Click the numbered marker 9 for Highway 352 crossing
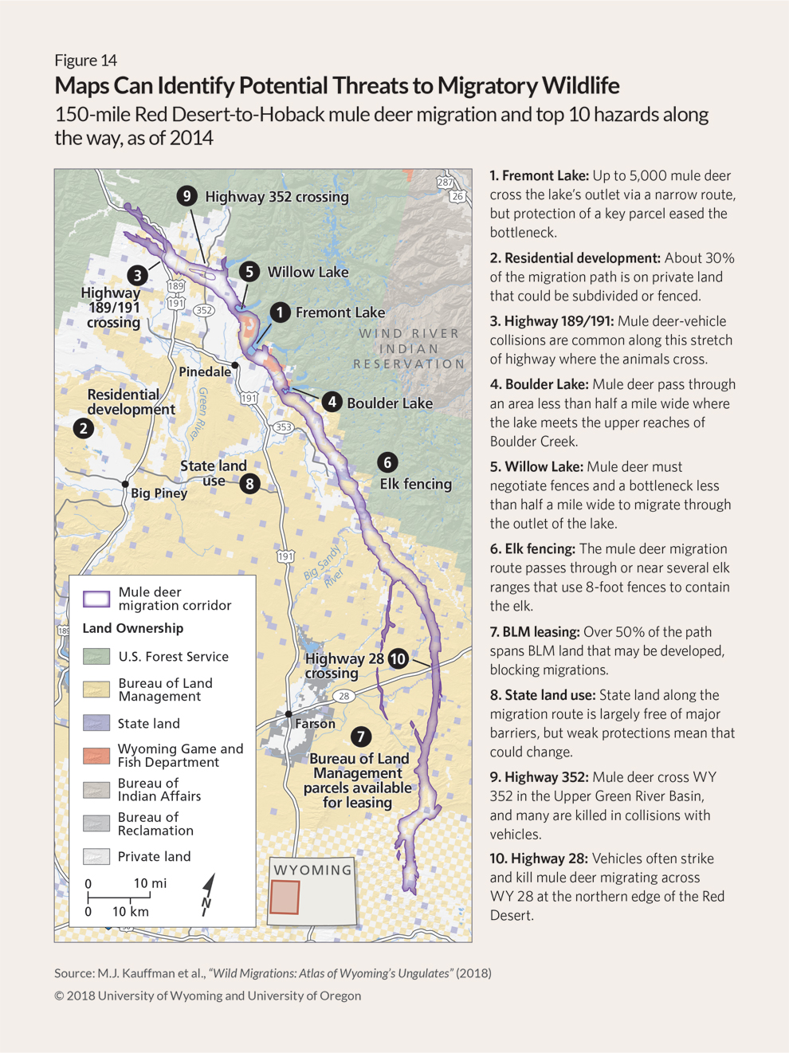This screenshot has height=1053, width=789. (186, 195)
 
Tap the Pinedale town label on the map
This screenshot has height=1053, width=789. (205, 371)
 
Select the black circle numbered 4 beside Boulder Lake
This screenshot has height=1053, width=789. (332, 402)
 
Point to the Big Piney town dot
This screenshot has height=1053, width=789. (125, 484)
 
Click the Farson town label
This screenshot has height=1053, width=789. (315, 724)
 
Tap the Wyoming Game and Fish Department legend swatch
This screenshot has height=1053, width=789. (96, 755)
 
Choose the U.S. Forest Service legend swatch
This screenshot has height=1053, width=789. (96, 656)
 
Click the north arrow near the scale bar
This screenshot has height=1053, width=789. (208, 894)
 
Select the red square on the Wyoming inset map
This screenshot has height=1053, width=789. (285, 897)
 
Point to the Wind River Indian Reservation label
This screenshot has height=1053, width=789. (410, 348)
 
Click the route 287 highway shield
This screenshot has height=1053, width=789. (444, 183)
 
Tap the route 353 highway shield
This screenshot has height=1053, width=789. (283, 427)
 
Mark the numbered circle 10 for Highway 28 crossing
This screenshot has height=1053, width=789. (398, 658)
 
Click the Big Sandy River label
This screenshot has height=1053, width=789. (324, 567)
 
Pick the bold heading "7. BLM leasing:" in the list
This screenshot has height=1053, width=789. (534, 632)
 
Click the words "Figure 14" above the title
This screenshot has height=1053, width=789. (85, 61)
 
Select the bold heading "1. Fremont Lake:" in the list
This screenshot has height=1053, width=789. (539, 175)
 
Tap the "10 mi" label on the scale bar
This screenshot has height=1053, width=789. (150, 883)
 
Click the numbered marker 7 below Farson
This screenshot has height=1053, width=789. (360, 737)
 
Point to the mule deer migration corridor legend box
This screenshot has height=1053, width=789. (96, 599)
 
